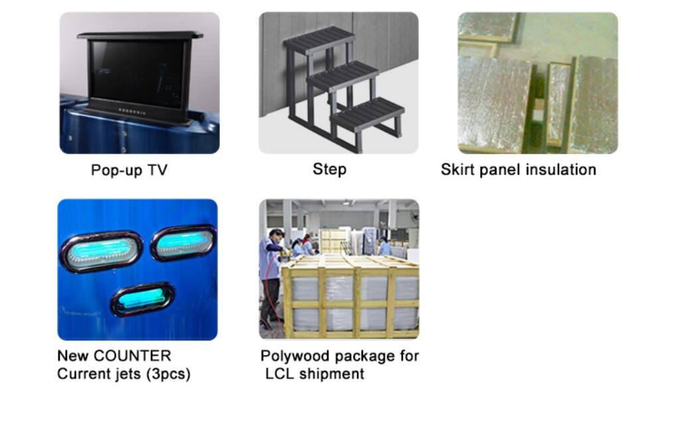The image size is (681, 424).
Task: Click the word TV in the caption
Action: (157, 169)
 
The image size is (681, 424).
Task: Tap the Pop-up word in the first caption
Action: (116, 171)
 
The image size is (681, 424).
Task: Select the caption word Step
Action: (330, 169)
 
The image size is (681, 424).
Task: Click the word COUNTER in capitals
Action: (132, 356)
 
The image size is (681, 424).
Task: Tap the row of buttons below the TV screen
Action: (132, 111)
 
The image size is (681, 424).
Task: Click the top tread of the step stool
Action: (319, 38)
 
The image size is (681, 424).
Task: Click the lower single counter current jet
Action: (143, 299)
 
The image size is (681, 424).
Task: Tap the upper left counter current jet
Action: (102, 251)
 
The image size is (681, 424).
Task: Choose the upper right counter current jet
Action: (183, 242)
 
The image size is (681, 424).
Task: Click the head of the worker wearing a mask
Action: (276, 237)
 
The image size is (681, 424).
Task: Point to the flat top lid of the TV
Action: (140, 35)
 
